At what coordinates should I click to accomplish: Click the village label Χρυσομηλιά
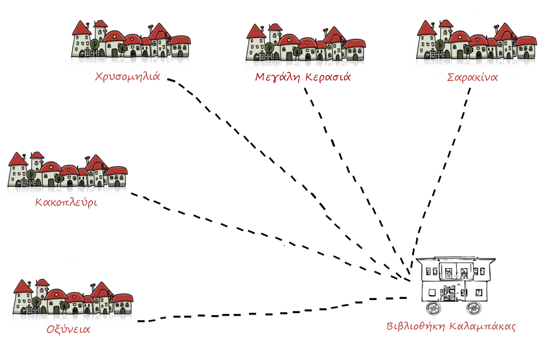(x=127, y=76)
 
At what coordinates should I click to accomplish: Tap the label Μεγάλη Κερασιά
(x=302, y=77)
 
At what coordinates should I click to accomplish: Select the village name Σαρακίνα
(x=473, y=77)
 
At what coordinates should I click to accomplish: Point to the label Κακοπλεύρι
(x=66, y=203)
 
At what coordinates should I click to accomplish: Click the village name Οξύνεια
(x=68, y=329)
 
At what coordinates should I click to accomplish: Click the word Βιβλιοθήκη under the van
(x=414, y=327)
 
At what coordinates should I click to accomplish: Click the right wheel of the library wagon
(x=473, y=308)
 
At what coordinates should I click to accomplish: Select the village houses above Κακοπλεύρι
(x=67, y=170)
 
